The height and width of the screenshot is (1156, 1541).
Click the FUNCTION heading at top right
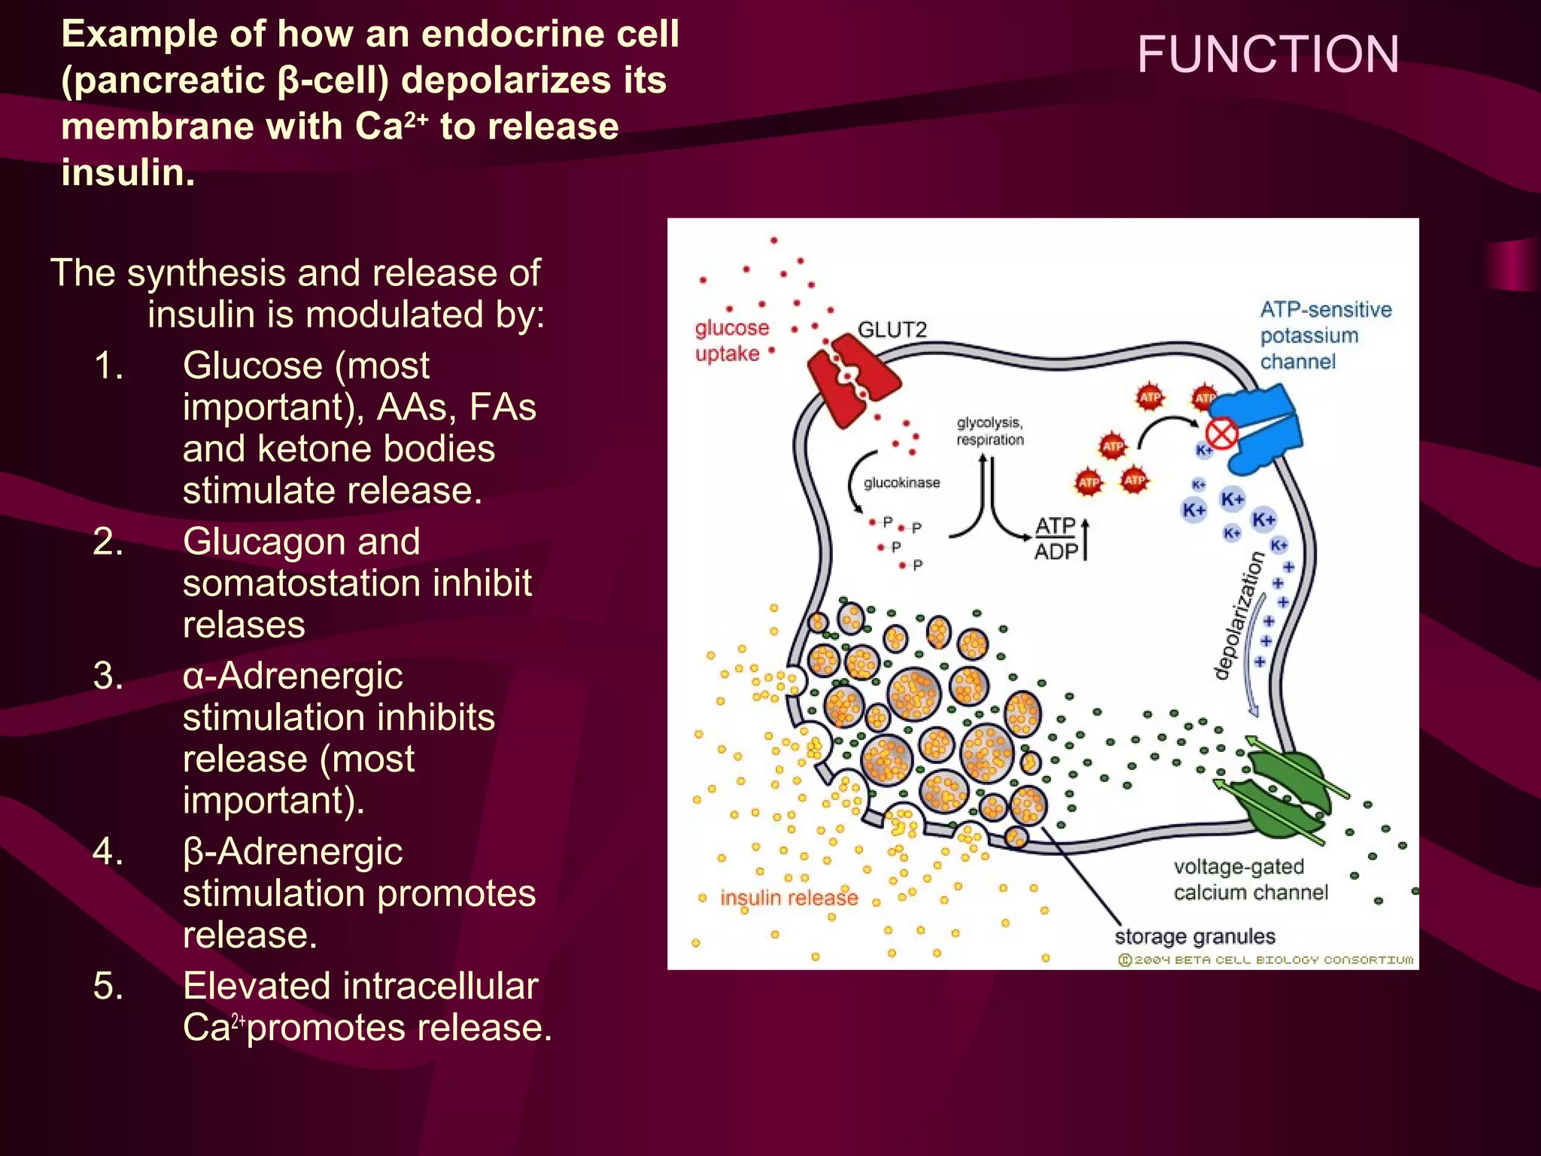click(1268, 54)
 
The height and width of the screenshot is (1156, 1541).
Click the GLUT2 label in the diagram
click(892, 330)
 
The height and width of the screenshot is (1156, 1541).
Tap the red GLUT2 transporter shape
click(853, 380)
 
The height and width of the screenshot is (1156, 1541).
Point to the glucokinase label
click(901, 482)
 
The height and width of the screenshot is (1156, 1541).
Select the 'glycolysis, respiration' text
click(989, 431)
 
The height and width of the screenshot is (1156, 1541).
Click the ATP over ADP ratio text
click(1056, 538)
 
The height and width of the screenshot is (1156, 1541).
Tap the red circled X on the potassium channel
click(1221, 434)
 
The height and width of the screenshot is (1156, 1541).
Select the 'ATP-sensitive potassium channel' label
click(1325, 335)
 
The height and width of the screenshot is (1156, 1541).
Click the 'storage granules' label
click(1195, 936)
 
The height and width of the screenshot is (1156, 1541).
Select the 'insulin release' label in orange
click(789, 898)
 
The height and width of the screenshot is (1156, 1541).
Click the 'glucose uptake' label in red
click(731, 340)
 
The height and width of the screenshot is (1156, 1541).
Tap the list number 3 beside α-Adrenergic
click(108, 675)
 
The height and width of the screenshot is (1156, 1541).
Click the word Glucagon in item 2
click(301, 541)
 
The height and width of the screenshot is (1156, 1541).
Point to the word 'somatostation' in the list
click(308, 583)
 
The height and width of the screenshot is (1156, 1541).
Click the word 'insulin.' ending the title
click(128, 172)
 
